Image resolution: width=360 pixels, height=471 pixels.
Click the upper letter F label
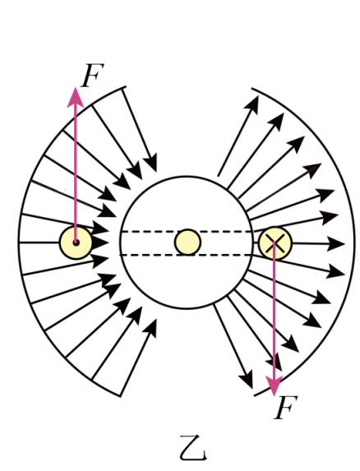tap(93, 75)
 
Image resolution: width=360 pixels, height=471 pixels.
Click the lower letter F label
tap(286, 408)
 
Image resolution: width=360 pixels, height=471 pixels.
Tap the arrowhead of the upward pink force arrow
tap(75, 97)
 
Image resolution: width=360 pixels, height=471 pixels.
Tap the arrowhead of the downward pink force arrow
tap(275, 385)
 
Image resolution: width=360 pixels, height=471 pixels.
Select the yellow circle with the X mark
tap(275, 243)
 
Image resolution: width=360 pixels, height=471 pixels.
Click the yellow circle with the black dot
tap(76, 242)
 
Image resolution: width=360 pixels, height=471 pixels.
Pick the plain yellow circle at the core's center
tap(187, 242)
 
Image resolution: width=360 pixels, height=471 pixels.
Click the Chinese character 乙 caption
tap(194, 448)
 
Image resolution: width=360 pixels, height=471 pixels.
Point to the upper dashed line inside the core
tap(187, 232)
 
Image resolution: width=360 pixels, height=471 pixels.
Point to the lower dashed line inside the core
tap(186, 255)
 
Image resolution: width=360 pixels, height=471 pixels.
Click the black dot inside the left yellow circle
tap(76, 242)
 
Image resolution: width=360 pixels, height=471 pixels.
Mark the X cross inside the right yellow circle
tap(275, 243)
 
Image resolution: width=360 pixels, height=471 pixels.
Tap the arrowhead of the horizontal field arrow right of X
tap(336, 243)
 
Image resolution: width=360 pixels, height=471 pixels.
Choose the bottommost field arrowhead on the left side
tap(150, 328)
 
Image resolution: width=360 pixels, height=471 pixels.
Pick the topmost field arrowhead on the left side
tap(150, 162)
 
